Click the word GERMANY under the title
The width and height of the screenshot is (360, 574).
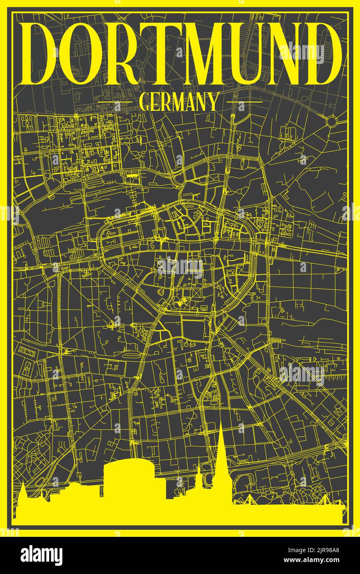179,102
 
